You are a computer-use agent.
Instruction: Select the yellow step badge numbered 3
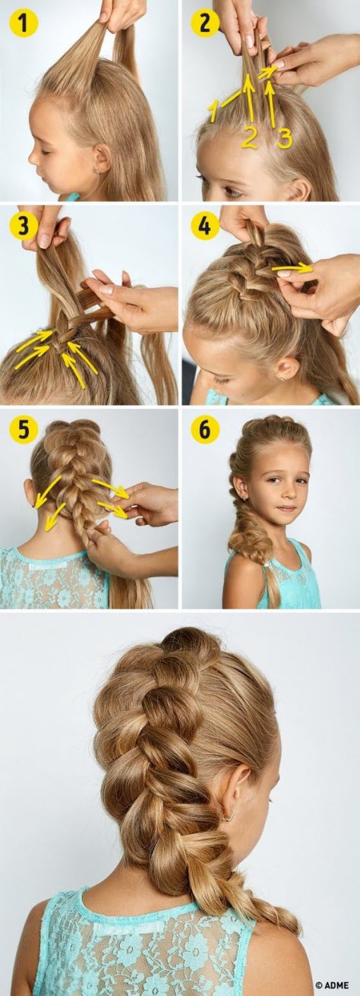(x=24, y=226)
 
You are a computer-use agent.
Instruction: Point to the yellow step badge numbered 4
(x=204, y=226)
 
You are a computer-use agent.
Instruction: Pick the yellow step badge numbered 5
(x=24, y=430)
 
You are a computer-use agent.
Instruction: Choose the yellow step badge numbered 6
(x=204, y=430)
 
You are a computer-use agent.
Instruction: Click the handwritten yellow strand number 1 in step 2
(x=214, y=112)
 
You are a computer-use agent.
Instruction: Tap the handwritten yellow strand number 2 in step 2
(x=250, y=137)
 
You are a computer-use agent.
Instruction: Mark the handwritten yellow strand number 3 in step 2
(x=283, y=138)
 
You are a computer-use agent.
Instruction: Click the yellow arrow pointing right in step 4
(x=292, y=267)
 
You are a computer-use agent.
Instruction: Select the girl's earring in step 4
(x=283, y=377)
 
